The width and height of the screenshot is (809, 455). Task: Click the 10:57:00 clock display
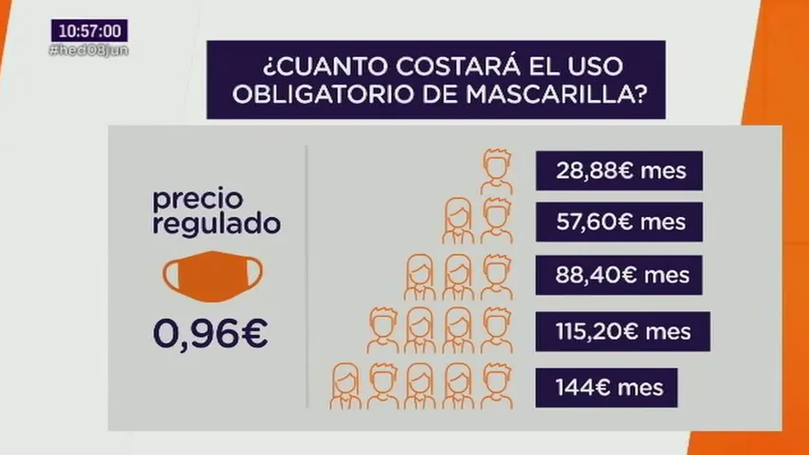click(89, 31)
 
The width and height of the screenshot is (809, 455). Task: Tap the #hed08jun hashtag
click(89, 50)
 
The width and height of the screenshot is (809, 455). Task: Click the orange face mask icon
click(212, 276)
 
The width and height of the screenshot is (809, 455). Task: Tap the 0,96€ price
click(210, 334)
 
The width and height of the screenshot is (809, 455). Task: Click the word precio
click(198, 200)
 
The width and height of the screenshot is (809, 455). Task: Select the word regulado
click(217, 224)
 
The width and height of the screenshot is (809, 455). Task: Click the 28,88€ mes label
click(620, 170)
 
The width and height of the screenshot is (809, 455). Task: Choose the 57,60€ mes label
click(620, 222)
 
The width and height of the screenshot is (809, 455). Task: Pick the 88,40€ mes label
click(620, 275)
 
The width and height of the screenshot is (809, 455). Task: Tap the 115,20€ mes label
click(622, 331)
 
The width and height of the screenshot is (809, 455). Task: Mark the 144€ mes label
click(607, 387)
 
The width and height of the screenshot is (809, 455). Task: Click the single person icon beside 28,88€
click(496, 171)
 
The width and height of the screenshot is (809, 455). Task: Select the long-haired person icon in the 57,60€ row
click(458, 221)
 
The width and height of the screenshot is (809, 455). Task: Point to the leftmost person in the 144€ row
click(345, 386)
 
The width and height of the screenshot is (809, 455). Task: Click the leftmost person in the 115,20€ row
click(383, 330)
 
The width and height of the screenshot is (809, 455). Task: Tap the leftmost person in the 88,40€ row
click(420, 277)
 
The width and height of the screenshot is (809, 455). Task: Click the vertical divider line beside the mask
click(307, 276)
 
